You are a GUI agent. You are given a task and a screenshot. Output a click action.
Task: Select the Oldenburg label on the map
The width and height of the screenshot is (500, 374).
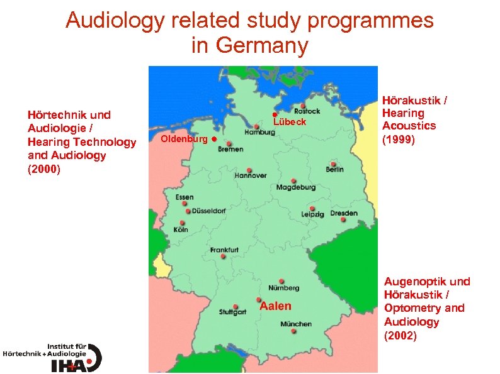(x=185, y=138)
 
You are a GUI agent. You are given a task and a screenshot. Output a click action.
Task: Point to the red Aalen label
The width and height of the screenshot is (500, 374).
(x=276, y=306)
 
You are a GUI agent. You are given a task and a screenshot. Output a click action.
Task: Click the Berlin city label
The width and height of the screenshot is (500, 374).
(x=334, y=170)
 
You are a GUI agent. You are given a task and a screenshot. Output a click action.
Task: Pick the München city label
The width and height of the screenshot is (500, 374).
(x=296, y=324)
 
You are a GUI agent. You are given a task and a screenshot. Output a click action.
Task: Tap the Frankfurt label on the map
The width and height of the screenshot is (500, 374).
(x=224, y=250)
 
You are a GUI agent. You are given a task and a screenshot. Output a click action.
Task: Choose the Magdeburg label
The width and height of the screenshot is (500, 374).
(x=296, y=187)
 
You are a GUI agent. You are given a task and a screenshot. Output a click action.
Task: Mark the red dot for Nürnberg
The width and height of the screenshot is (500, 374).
(x=281, y=281)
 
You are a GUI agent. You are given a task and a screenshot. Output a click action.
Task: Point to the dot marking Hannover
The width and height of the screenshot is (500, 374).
(x=250, y=170)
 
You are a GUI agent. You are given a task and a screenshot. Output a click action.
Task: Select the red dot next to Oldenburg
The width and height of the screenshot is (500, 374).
(x=214, y=138)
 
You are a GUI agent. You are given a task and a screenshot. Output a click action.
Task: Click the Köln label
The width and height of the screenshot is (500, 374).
(x=181, y=230)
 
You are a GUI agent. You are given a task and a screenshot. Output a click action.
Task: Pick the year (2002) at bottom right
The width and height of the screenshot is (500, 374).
(x=401, y=336)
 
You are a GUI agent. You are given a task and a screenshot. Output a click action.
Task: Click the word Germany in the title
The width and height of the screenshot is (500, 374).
(x=249, y=45)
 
